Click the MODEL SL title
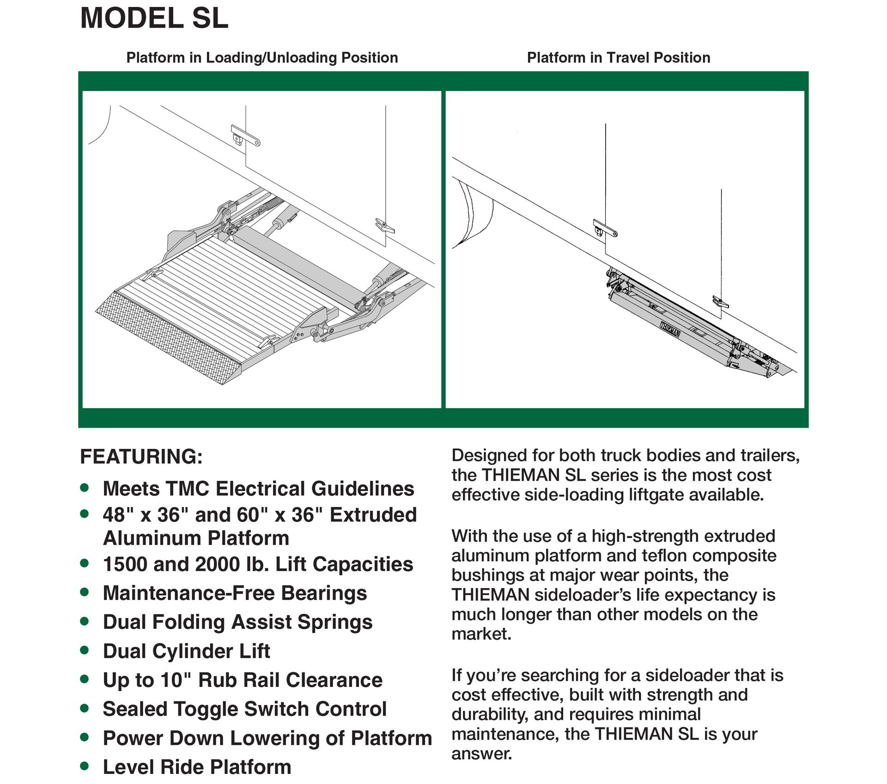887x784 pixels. [x=154, y=18]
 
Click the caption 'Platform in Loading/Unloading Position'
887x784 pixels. [x=262, y=58]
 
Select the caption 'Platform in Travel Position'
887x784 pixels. [x=618, y=58]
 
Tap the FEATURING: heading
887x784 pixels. [x=141, y=457]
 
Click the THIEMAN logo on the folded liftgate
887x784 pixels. [x=670, y=329]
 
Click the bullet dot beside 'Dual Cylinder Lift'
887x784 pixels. [x=85, y=650]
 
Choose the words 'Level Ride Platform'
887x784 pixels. [x=197, y=767]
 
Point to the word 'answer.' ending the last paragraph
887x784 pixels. [x=482, y=754]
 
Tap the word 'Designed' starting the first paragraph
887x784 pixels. [x=489, y=456]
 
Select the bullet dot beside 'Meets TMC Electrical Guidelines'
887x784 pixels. [x=85, y=488]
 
